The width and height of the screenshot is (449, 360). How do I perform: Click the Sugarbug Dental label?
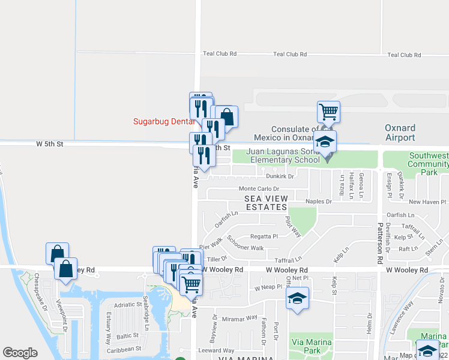[x=163, y=122]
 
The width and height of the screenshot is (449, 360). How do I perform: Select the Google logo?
[x=20, y=353]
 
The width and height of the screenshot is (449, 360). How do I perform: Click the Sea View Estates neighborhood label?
[x=265, y=203]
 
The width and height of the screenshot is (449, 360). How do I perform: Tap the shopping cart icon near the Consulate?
[x=328, y=112]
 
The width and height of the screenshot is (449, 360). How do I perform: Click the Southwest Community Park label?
[x=428, y=163]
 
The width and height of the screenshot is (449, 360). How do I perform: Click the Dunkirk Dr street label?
[x=280, y=176]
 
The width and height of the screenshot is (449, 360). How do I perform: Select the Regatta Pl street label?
[x=265, y=236]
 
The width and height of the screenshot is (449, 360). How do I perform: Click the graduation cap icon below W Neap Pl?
[x=298, y=298]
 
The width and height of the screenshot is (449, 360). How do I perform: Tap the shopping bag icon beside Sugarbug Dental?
[x=227, y=116]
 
